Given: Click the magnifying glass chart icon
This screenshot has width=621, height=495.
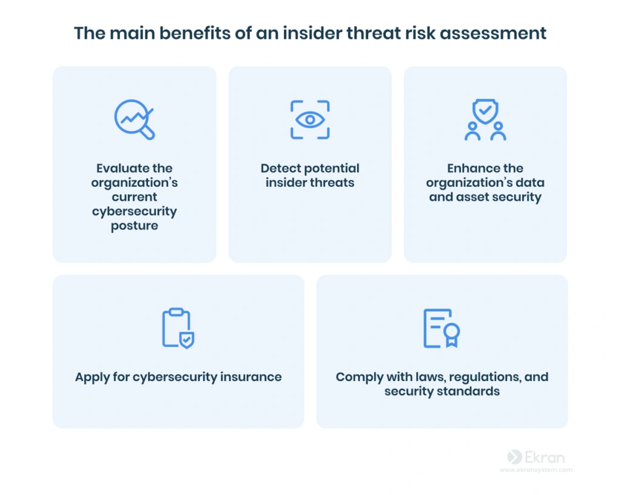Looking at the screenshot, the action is click(134, 119).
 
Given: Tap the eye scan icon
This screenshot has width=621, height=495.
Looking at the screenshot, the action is click(310, 120).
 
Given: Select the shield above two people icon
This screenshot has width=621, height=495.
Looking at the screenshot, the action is click(485, 120).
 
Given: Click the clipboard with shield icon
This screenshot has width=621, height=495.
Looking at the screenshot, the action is click(178, 328).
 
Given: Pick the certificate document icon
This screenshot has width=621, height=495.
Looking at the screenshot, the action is click(441, 328).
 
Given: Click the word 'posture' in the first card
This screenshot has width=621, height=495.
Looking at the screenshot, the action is click(134, 226).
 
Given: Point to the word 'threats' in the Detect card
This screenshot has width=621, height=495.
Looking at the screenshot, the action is click(332, 183).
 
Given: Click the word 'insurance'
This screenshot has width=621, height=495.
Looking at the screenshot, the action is click(250, 377).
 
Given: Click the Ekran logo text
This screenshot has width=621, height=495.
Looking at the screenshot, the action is click(545, 457).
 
